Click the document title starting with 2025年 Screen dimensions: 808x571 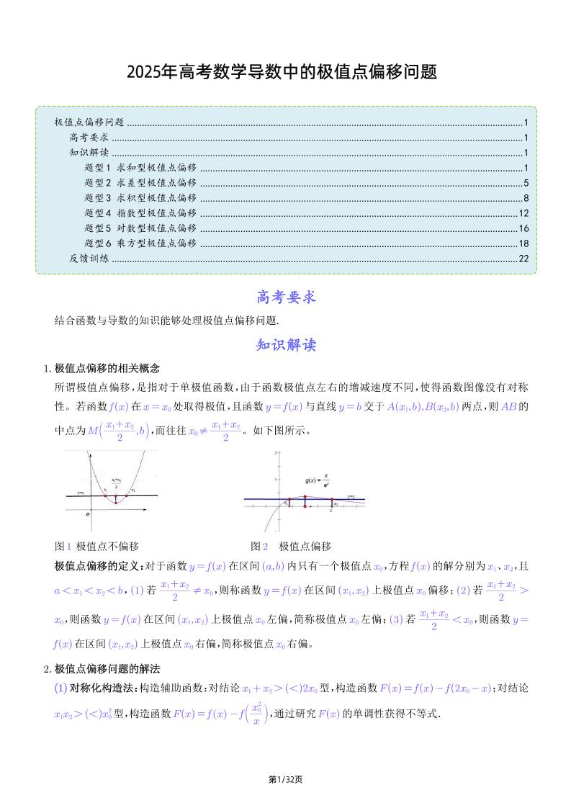[282, 73]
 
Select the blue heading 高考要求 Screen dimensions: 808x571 [286, 297]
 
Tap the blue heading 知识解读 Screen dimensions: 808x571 [286, 345]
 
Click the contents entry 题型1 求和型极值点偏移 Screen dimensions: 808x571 [140, 167]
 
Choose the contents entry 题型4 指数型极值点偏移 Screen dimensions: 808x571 [140, 212]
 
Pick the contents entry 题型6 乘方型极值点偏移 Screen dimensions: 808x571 [140, 243]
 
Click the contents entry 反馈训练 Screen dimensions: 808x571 [89, 258]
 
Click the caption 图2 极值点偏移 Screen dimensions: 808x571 [290, 546]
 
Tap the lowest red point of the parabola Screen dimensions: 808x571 [116, 503]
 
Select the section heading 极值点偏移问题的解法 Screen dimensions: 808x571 [107, 668]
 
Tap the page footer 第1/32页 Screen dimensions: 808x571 [285, 779]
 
